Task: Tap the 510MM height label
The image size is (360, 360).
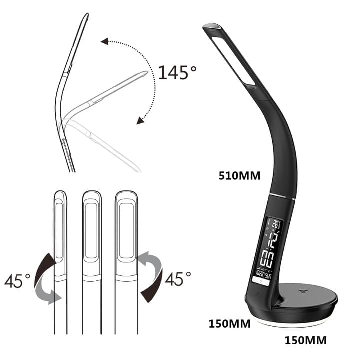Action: (239, 175)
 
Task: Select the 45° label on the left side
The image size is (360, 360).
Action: (17, 280)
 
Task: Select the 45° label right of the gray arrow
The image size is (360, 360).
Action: (178, 278)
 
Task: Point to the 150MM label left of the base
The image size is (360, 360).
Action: (229, 323)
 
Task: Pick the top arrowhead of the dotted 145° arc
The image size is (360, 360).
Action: (104, 41)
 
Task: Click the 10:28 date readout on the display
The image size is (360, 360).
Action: (260, 273)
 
